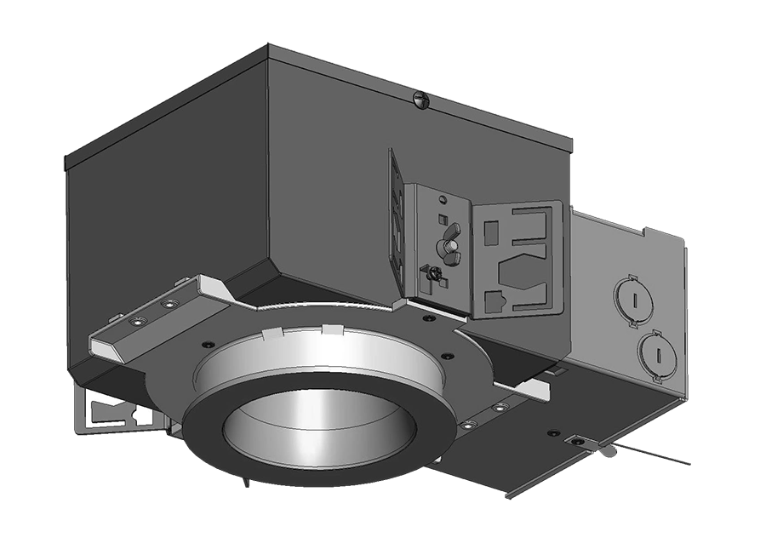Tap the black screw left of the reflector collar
coord(208,345)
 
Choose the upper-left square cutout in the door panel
coord(491,232)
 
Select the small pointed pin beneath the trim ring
coord(245,483)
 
